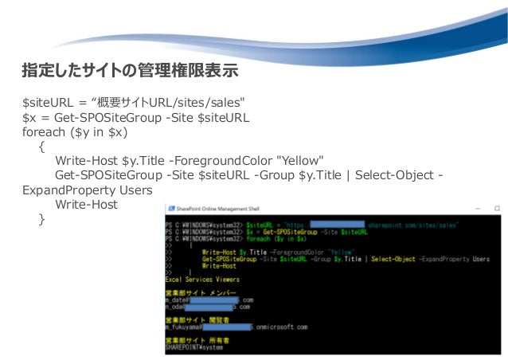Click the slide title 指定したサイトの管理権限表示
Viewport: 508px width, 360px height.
click(130, 71)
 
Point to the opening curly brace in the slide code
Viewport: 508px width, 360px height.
click(41, 147)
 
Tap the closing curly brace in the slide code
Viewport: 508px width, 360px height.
click(41, 219)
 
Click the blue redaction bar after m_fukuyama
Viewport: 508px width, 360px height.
click(228, 326)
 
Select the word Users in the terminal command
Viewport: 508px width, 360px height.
click(480, 259)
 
